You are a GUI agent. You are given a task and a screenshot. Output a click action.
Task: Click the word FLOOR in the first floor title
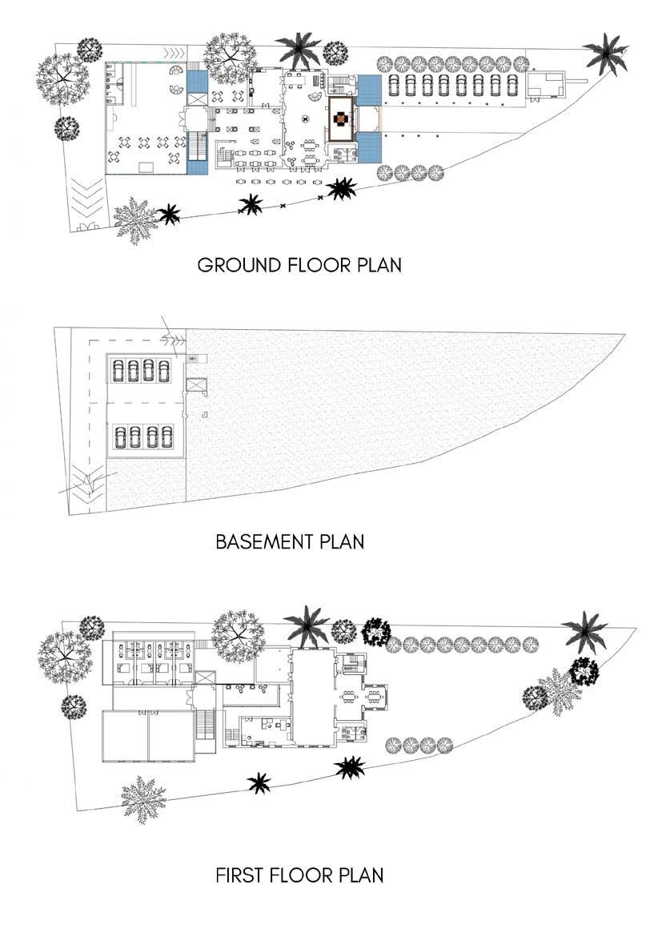(x=302, y=875)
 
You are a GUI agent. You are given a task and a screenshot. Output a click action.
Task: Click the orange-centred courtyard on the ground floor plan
(x=340, y=117)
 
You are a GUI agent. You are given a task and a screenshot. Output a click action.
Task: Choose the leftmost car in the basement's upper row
(x=118, y=369)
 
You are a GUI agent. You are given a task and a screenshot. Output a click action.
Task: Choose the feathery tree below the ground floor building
(x=135, y=219)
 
